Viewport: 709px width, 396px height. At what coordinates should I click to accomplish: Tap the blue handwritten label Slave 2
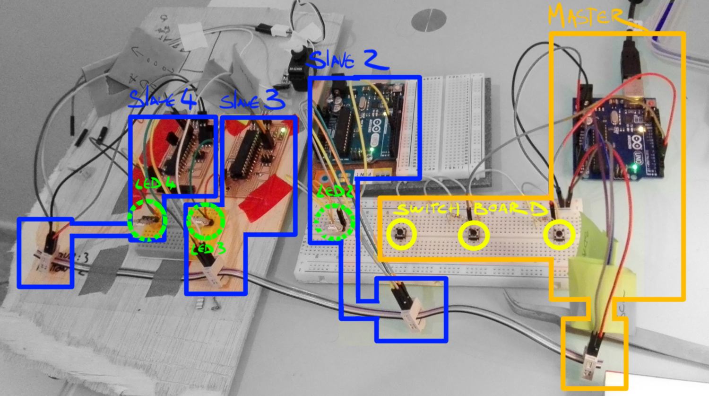(348, 61)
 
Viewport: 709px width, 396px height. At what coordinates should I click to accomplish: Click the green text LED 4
(155, 184)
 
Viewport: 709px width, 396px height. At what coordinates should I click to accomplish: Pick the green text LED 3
(208, 248)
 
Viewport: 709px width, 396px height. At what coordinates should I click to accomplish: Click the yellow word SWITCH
(428, 209)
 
